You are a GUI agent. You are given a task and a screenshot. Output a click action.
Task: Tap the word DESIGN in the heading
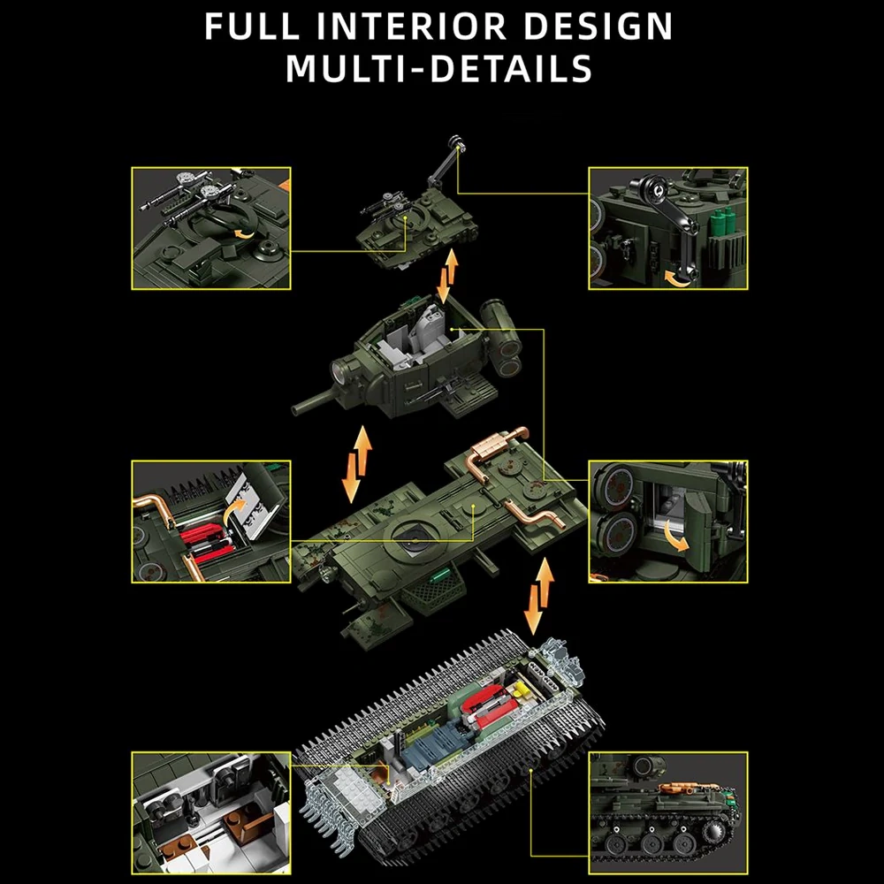(x=598, y=26)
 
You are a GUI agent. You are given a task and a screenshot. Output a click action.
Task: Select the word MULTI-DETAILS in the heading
(x=439, y=69)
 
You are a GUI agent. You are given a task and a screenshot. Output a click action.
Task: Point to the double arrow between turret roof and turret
(x=448, y=275)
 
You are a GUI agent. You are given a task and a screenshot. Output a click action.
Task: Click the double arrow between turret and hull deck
(x=357, y=464)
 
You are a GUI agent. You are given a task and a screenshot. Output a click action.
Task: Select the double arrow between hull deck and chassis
(x=538, y=596)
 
